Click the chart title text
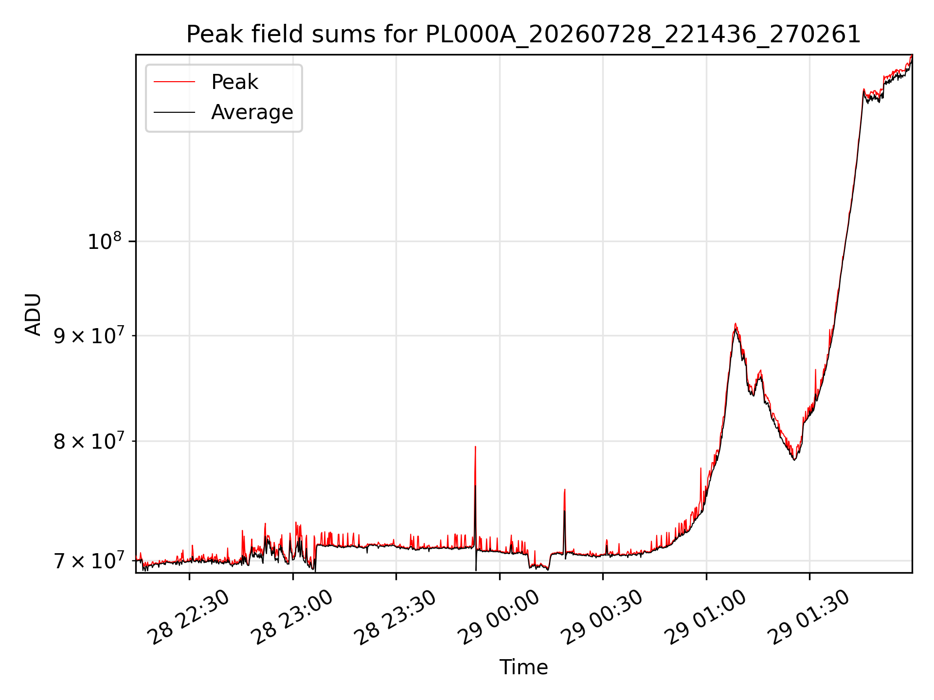(523, 35)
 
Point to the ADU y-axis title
(33, 314)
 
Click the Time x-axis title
(523, 667)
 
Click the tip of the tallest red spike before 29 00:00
(475, 446)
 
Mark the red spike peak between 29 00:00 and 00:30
(565, 490)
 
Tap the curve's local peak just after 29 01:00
(736, 324)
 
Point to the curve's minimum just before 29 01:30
(794, 460)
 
